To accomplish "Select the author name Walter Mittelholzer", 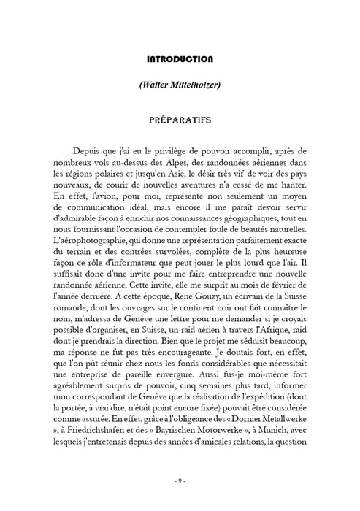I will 180,85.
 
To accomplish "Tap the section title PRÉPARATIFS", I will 180,117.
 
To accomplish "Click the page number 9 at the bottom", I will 180,480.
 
